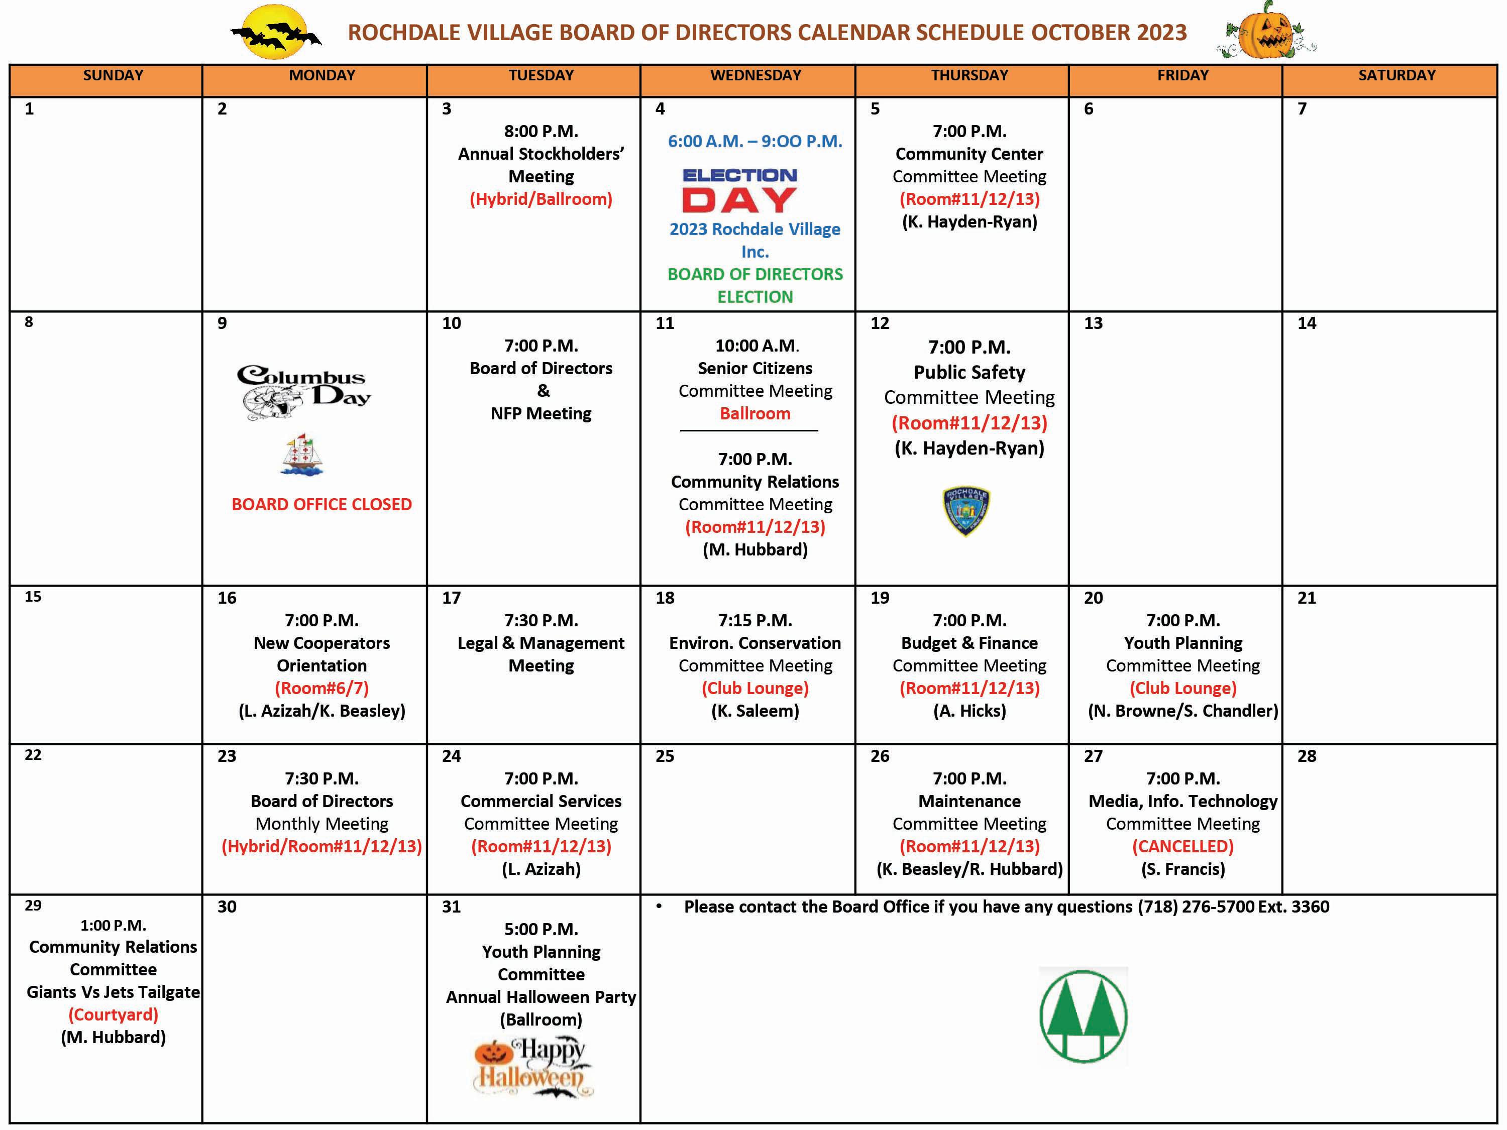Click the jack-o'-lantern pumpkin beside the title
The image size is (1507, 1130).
pos(1266,31)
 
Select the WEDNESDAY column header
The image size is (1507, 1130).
pos(755,76)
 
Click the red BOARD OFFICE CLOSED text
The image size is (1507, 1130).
pos(321,505)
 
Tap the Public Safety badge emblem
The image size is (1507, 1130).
pos(966,511)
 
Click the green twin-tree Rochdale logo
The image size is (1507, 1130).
pos(1083,1015)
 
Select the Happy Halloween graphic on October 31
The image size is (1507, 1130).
pos(532,1067)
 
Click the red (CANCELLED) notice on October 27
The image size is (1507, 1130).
pos(1182,847)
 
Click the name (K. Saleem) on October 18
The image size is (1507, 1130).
pos(755,711)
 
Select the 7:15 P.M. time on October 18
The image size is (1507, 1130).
pos(755,621)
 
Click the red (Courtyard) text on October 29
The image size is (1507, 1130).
pos(113,1015)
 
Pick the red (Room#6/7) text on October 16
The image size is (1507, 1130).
pos(321,689)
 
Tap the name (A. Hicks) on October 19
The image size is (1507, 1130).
pos(970,711)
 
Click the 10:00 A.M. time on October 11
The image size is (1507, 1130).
pos(756,346)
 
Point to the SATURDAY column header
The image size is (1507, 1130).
pos(1396,76)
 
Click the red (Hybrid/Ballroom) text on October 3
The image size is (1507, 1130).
pos(541,199)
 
